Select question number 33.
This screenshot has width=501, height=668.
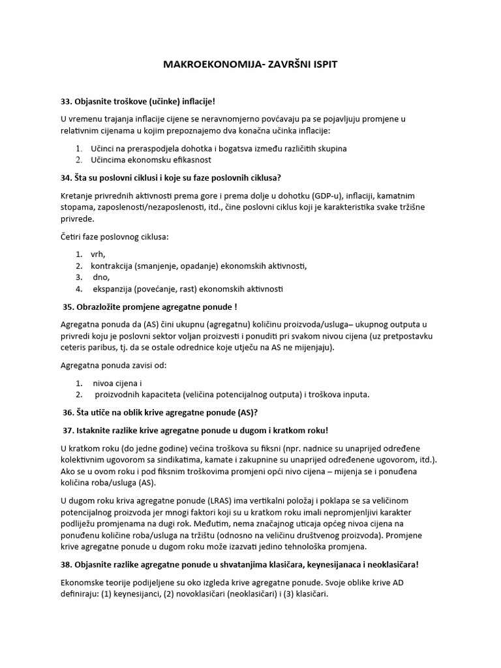pyautogui.click(x=66, y=101)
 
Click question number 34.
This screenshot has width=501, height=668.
pyautogui.click(x=66, y=178)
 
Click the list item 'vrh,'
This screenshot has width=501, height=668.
pyautogui.click(x=98, y=254)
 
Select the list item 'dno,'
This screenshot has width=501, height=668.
pyautogui.click(x=101, y=277)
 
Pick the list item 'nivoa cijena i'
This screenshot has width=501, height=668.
pyautogui.click(x=117, y=383)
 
